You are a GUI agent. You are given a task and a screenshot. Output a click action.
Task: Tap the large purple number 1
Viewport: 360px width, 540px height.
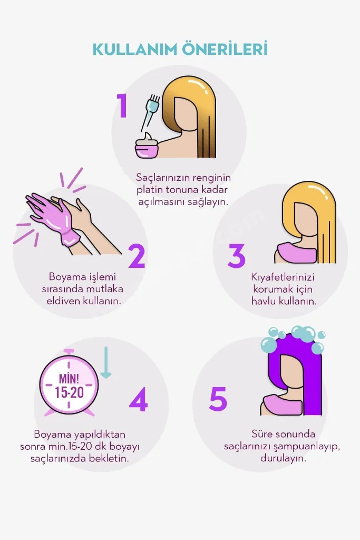[x=122, y=105]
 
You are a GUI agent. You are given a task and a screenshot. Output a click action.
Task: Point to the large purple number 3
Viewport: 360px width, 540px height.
[x=237, y=256]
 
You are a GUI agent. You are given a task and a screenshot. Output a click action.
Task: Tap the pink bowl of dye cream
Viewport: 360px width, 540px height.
[x=147, y=146]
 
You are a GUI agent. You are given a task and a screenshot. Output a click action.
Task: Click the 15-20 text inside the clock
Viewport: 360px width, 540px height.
[x=70, y=392]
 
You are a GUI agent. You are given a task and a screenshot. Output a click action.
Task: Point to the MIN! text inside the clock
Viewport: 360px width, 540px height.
[x=69, y=379]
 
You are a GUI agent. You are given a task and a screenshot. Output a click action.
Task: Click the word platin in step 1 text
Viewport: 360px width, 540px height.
[x=150, y=190]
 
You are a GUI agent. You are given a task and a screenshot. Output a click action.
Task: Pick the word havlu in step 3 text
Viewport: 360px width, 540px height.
[x=264, y=301]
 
